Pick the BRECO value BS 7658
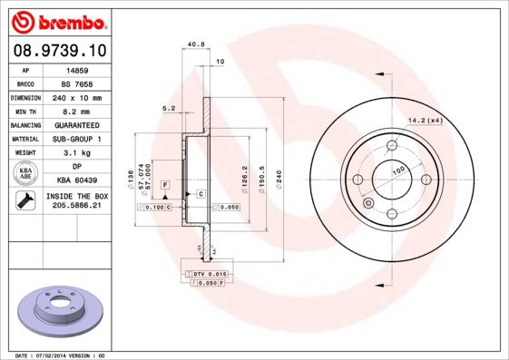(x=76, y=83)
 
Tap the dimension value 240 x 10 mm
(x=76, y=97)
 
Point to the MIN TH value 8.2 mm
(x=76, y=111)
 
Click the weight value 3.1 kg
(x=76, y=153)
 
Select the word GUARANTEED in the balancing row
(x=76, y=125)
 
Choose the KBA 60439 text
(x=76, y=180)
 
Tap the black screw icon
(x=24, y=201)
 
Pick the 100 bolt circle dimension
(x=396, y=170)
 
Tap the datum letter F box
(x=166, y=185)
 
